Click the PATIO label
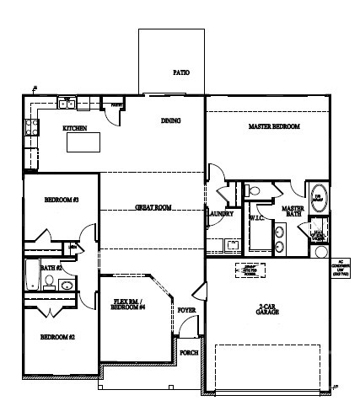[180, 73]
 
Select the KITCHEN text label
[75, 129]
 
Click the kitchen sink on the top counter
[71, 104]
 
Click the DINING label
[170, 120]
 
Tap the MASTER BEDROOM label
[274, 126]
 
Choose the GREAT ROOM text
[153, 206]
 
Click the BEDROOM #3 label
[61, 200]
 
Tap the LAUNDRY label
[220, 214]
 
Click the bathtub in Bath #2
[31, 275]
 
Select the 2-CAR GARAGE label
[268, 308]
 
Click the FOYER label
[186, 311]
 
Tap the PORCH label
[189, 352]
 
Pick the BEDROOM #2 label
[58, 337]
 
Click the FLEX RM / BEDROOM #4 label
[130, 304]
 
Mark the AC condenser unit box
[341, 269]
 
